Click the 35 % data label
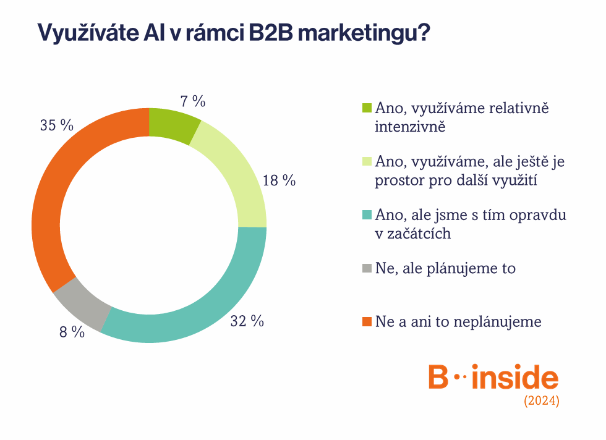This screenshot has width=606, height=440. (x=57, y=125)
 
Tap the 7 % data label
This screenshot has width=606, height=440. (x=193, y=101)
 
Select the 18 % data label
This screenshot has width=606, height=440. (x=279, y=180)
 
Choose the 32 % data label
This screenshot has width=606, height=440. (x=247, y=321)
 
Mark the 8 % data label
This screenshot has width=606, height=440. (x=72, y=332)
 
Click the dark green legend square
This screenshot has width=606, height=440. (x=367, y=108)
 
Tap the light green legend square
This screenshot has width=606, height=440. (x=367, y=161)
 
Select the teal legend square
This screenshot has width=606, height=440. (x=367, y=214)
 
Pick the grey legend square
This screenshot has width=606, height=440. (x=367, y=268)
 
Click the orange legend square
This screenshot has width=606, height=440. (x=367, y=321)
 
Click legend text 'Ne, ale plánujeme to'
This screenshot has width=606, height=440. (x=445, y=268)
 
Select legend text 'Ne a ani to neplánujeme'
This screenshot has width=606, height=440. (x=458, y=322)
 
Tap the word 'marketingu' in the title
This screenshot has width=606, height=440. (x=364, y=33)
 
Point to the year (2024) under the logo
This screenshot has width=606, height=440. (x=542, y=400)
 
